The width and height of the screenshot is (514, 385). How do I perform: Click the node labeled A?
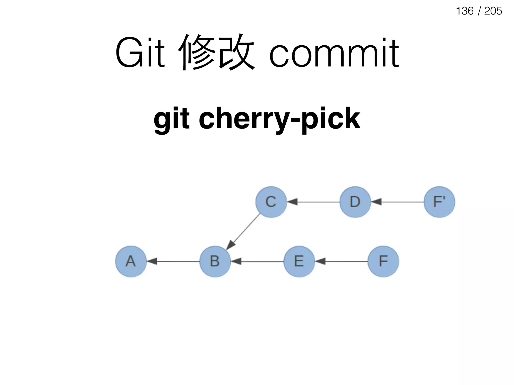click(131, 261)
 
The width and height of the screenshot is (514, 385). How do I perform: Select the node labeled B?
click(215, 261)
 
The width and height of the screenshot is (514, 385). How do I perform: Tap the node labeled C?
click(271, 202)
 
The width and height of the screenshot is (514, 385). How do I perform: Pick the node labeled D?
click(355, 202)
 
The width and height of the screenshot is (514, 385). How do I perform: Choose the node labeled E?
click(299, 261)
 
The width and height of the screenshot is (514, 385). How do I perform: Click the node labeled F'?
click(439, 202)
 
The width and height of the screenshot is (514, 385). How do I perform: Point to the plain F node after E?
click(383, 261)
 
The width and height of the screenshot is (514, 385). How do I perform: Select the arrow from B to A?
click(173, 261)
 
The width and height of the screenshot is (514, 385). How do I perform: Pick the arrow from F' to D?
click(398, 202)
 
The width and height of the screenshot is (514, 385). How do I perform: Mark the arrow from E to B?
click(257, 261)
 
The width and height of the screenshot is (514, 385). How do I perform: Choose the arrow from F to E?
click(341, 261)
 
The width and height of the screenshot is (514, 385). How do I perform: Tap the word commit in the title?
click(334, 53)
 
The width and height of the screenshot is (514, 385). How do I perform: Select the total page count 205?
click(493, 11)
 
